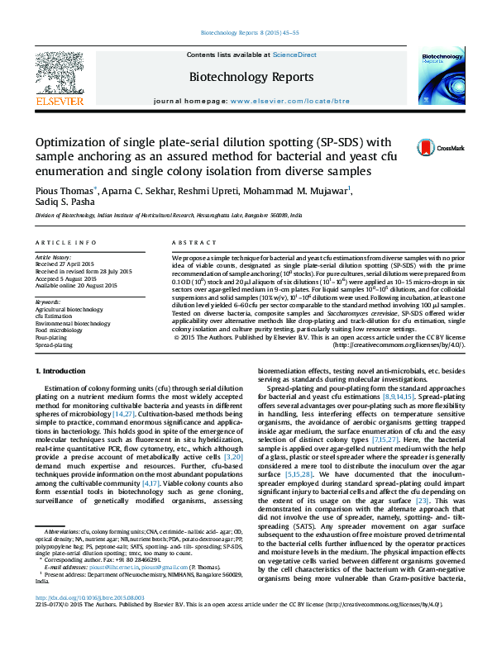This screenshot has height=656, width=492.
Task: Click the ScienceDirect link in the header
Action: coord(296,55)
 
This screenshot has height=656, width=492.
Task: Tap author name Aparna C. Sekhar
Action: coord(158,192)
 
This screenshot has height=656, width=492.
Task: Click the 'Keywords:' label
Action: coord(49,302)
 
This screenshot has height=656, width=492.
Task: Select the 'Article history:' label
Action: coord(53,258)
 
